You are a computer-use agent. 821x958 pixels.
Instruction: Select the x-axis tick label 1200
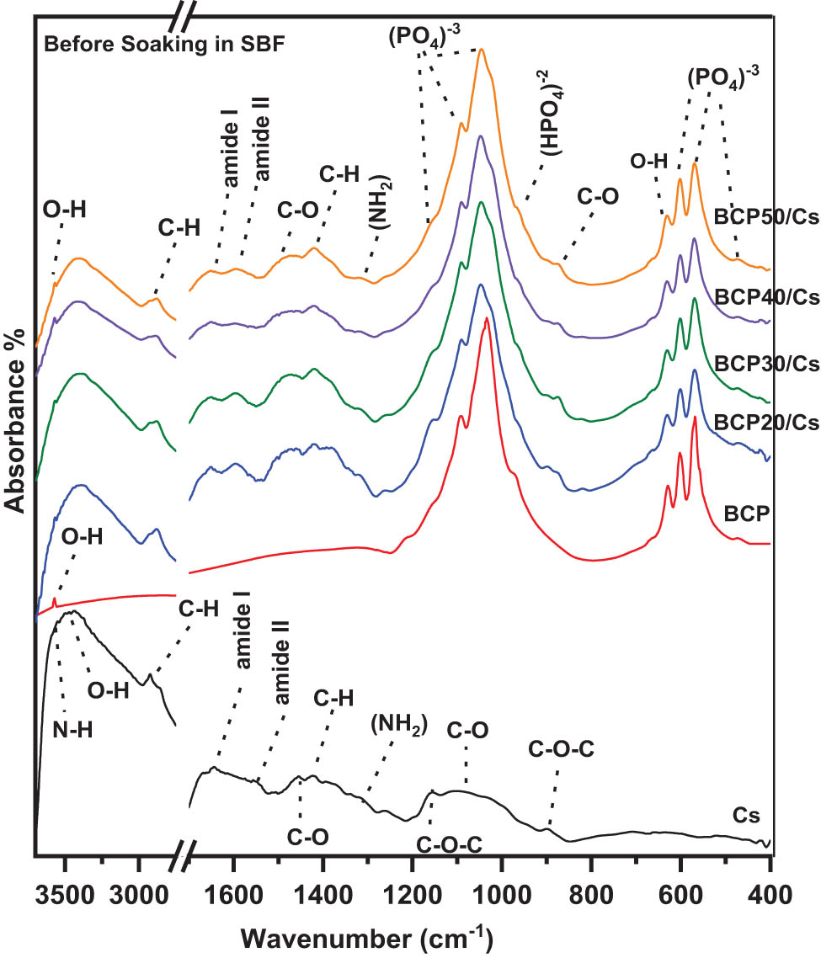[x=412, y=895]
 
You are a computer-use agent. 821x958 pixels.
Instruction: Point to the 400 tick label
[x=768, y=895]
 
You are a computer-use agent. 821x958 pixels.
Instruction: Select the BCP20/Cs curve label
[x=765, y=423]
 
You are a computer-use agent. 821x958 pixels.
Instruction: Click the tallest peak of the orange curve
[x=481, y=50]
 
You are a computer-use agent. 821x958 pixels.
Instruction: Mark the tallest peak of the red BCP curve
[x=487, y=318]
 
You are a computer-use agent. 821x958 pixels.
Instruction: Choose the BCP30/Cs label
[x=765, y=363]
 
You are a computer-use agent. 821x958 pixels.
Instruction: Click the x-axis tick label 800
[x=590, y=895]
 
